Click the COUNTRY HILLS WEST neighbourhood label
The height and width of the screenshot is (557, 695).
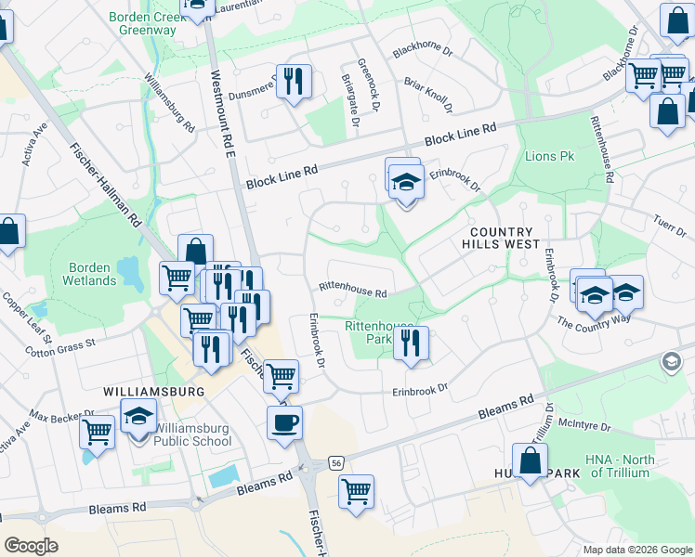pos(501,238)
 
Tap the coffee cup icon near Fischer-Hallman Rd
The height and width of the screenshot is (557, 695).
pos(284,421)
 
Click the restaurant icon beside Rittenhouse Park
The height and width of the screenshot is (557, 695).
pos(410,343)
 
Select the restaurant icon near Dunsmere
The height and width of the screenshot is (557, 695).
pos(295,82)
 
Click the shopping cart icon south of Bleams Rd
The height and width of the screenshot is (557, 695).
pos(356,491)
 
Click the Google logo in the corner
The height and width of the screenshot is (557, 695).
pos(32,546)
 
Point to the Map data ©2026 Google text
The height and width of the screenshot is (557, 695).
pos(636,550)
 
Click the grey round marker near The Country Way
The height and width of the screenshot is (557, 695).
pos(669,360)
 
